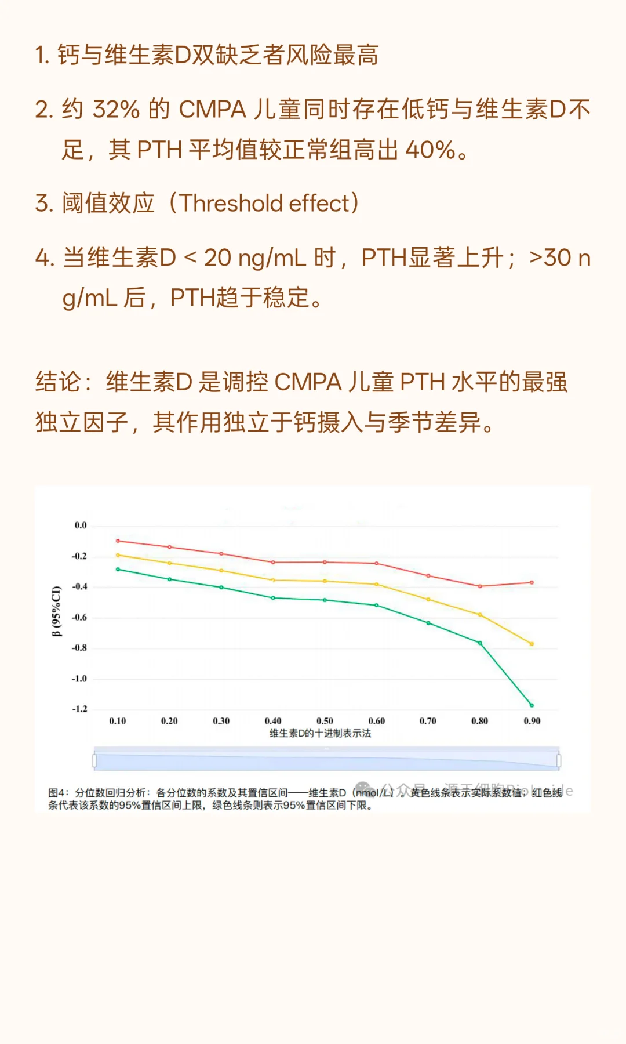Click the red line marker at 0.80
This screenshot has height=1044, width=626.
point(480,586)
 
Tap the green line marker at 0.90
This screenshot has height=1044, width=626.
point(532,705)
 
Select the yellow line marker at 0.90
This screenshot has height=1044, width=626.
point(532,644)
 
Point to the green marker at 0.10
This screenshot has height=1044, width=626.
point(118,570)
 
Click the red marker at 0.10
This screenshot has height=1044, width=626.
point(118,541)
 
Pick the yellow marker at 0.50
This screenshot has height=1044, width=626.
point(325,581)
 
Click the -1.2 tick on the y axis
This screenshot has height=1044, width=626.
point(79,709)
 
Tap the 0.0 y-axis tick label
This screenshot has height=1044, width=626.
point(81,525)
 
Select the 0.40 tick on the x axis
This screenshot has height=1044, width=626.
point(273,721)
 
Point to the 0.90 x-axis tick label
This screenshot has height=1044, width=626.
point(532,721)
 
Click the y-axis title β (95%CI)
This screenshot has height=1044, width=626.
point(56,611)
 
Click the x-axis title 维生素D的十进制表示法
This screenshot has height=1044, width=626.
point(320,734)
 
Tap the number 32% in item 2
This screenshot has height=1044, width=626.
point(116,109)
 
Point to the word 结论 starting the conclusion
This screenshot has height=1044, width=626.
point(58,382)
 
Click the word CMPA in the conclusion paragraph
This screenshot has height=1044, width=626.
point(308,382)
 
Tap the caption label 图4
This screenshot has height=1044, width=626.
point(58,792)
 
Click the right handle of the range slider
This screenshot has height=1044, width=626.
point(558,760)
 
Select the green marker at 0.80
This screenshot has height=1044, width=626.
point(480,643)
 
